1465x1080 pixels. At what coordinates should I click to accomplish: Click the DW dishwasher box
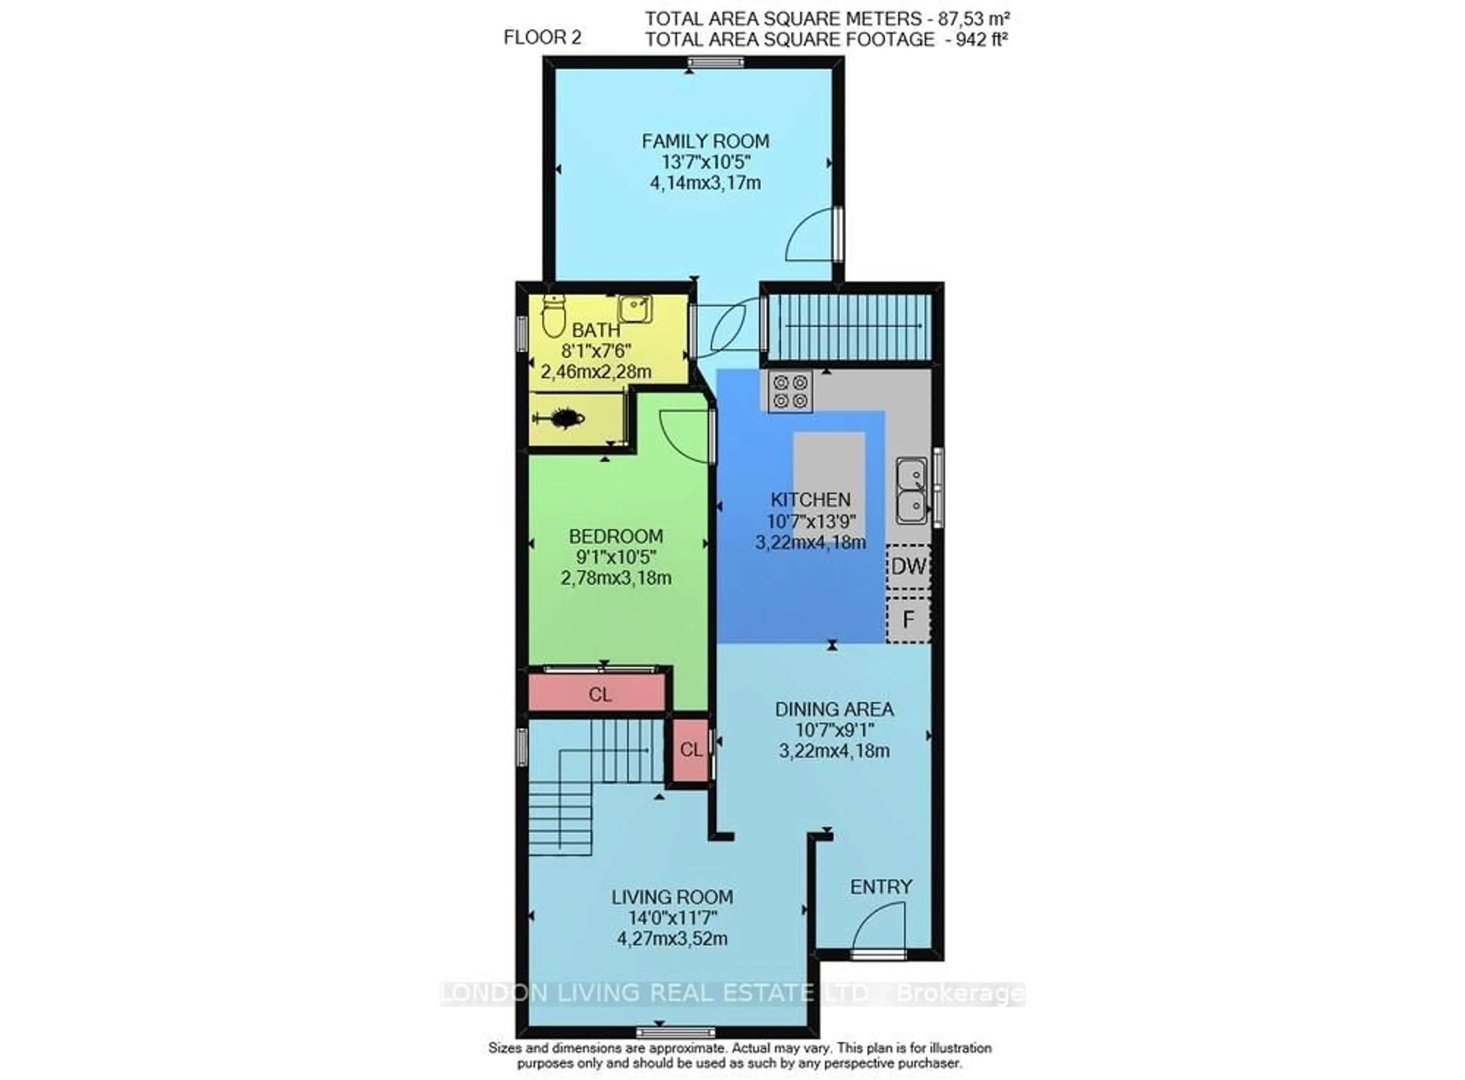point(908,566)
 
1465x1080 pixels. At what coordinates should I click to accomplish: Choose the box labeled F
point(908,619)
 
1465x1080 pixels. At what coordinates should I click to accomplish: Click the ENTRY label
point(880,887)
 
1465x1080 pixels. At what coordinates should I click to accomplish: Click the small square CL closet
point(690,750)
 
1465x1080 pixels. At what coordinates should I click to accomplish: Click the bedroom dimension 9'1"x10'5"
point(615,557)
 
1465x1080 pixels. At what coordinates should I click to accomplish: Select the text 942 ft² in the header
point(981,40)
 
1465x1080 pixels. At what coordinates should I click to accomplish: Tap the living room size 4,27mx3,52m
point(672,939)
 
